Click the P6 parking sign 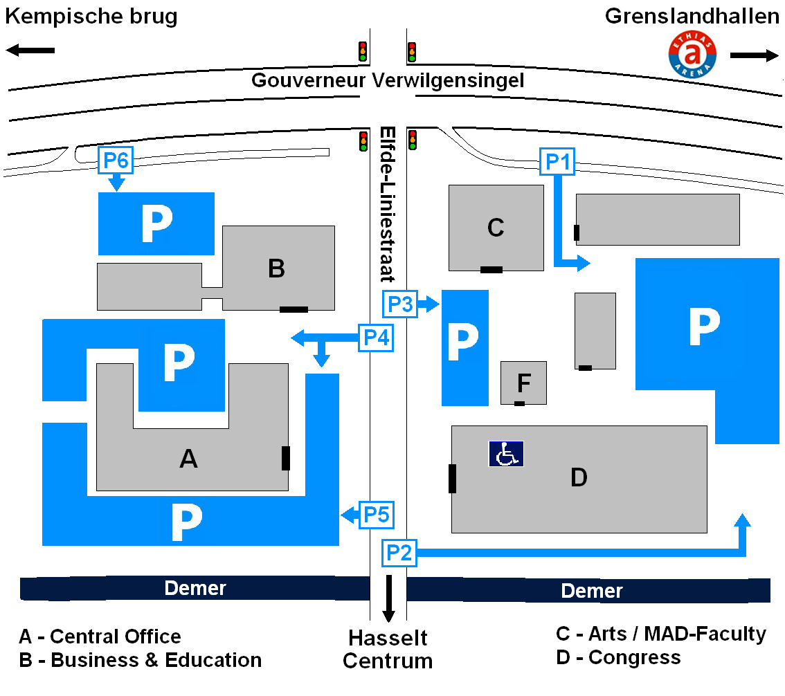pyautogui.click(x=116, y=160)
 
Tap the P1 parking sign pyautogui.click(x=557, y=162)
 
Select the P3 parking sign pyautogui.click(x=400, y=304)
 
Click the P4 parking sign pyautogui.click(x=376, y=338)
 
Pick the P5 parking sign pyautogui.click(x=377, y=514)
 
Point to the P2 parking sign pyautogui.click(x=399, y=553)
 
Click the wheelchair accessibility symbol pyautogui.click(x=506, y=454)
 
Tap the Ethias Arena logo pyautogui.click(x=692, y=54)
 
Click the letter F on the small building pyautogui.click(x=523, y=383)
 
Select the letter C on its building pyautogui.click(x=496, y=228)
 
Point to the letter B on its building pyautogui.click(x=276, y=268)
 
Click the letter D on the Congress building pyautogui.click(x=579, y=477)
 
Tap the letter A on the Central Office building pyautogui.click(x=189, y=458)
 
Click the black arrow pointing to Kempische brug pyautogui.click(x=30, y=50)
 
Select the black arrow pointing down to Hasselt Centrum pyautogui.click(x=388, y=598)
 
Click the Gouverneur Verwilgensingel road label pyautogui.click(x=388, y=80)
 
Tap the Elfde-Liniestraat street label pyautogui.click(x=388, y=204)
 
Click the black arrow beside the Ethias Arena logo pyautogui.click(x=755, y=55)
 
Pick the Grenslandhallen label pyautogui.click(x=692, y=16)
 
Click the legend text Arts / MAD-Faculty pyautogui.click(x=677, y=634)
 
